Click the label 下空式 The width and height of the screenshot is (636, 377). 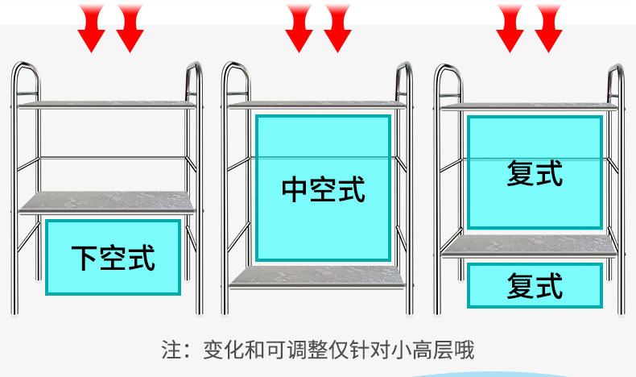coord(113,257)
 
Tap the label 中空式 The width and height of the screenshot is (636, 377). coord(323,189)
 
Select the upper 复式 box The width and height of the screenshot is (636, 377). coord(535,172)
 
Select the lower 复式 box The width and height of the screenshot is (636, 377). coord(535,286)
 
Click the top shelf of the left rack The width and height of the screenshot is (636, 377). coord(108,104)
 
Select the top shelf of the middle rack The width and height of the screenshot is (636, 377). coord(317,103)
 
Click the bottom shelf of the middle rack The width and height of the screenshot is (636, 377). coord(317,276)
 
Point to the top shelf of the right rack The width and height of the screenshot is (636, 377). coord(529,106)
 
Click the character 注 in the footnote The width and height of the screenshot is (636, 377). coord(170,351)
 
